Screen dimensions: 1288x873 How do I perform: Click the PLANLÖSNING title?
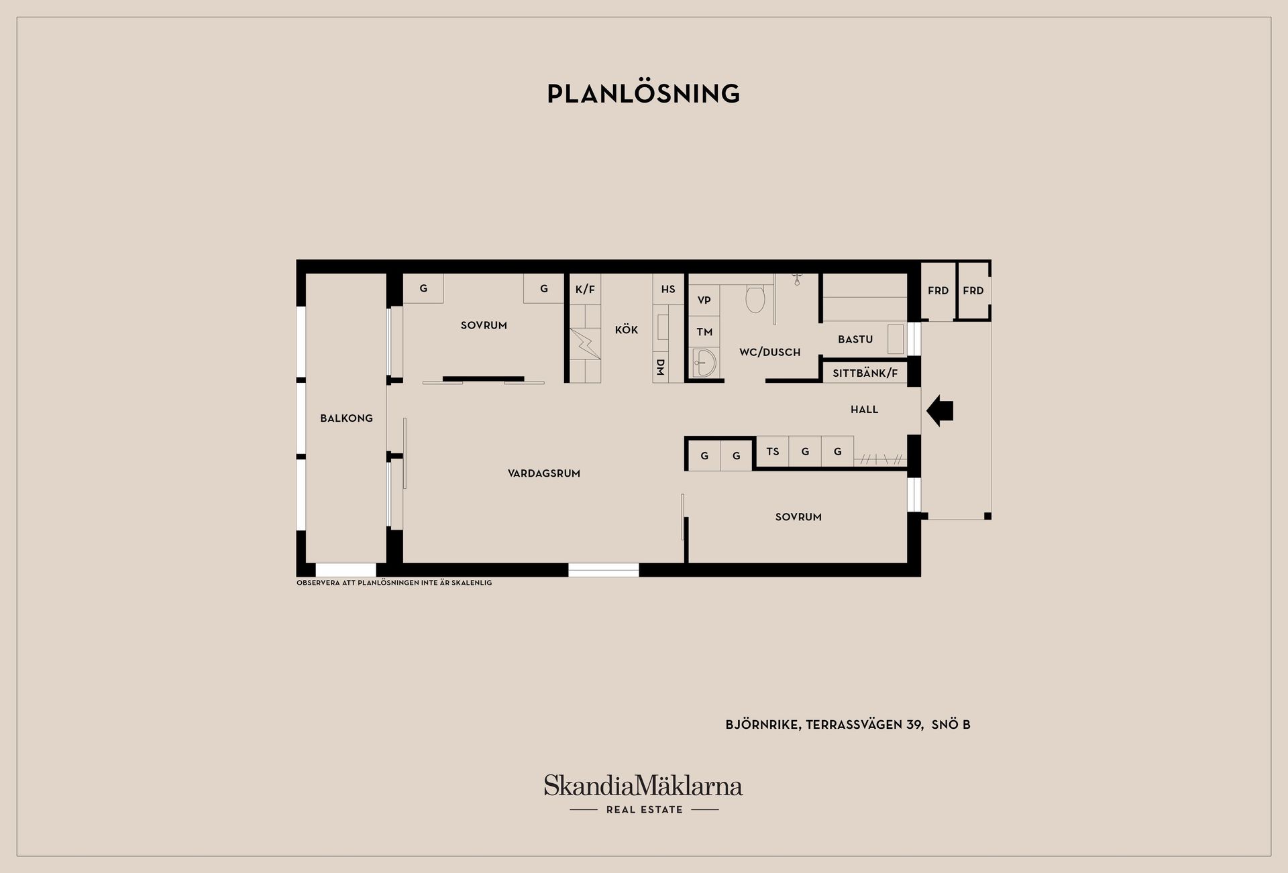(x=643, y=93)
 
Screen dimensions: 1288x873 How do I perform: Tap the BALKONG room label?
(x=346, y=418)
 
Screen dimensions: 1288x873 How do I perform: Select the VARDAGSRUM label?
(x=544, y=473)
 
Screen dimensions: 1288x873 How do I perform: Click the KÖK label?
(x=627, y=330)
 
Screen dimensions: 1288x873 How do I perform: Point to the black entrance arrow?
(x=940, y=410)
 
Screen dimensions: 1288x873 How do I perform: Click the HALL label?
(x=864, y=410)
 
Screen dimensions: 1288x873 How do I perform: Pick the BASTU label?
(x=855, y=339)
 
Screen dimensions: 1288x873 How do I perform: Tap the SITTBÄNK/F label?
(x=865, y=373)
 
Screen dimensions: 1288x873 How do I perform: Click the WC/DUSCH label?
(x=769, y=352)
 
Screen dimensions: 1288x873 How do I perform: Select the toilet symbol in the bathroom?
(x=755, y=300)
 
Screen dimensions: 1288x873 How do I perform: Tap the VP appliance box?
(x=704, y=300)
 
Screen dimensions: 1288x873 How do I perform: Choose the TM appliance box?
(x=704, y=332)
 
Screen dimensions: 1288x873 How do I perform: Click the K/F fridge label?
(x=585, y=290)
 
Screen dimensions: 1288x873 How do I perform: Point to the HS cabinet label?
(x=668, y=290)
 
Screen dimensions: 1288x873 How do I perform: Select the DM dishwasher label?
(x=660, y=367)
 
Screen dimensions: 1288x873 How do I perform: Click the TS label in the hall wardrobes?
(x=773, y=451)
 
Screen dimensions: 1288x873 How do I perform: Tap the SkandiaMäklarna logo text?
(x=643, y=785)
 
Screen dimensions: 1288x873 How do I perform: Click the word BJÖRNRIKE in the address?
(x=762, y=725)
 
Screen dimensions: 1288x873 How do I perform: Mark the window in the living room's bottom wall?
(x=604, y=570)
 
